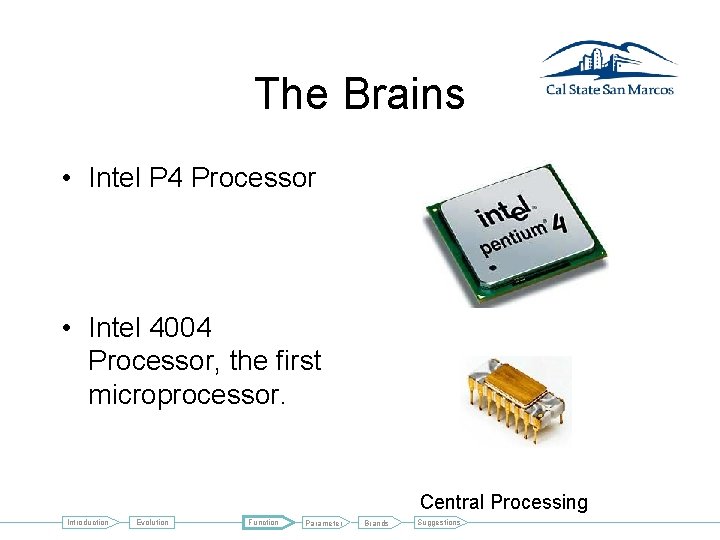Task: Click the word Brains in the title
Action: point(404,94)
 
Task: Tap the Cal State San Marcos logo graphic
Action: point(608,60)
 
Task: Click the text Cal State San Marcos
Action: point(608,89)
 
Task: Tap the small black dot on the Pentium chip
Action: point(492,268)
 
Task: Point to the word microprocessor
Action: point(187,394)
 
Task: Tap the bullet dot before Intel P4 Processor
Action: point(64,179)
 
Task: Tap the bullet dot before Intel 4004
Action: point(64,328)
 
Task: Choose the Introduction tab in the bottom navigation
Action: point(88,522)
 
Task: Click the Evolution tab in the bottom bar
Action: point(153,522)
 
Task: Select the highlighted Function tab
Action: point(265,522)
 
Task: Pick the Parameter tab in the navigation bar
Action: point(324,523)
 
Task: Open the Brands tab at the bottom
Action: point(376,523)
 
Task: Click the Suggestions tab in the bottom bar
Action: point(439,522)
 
